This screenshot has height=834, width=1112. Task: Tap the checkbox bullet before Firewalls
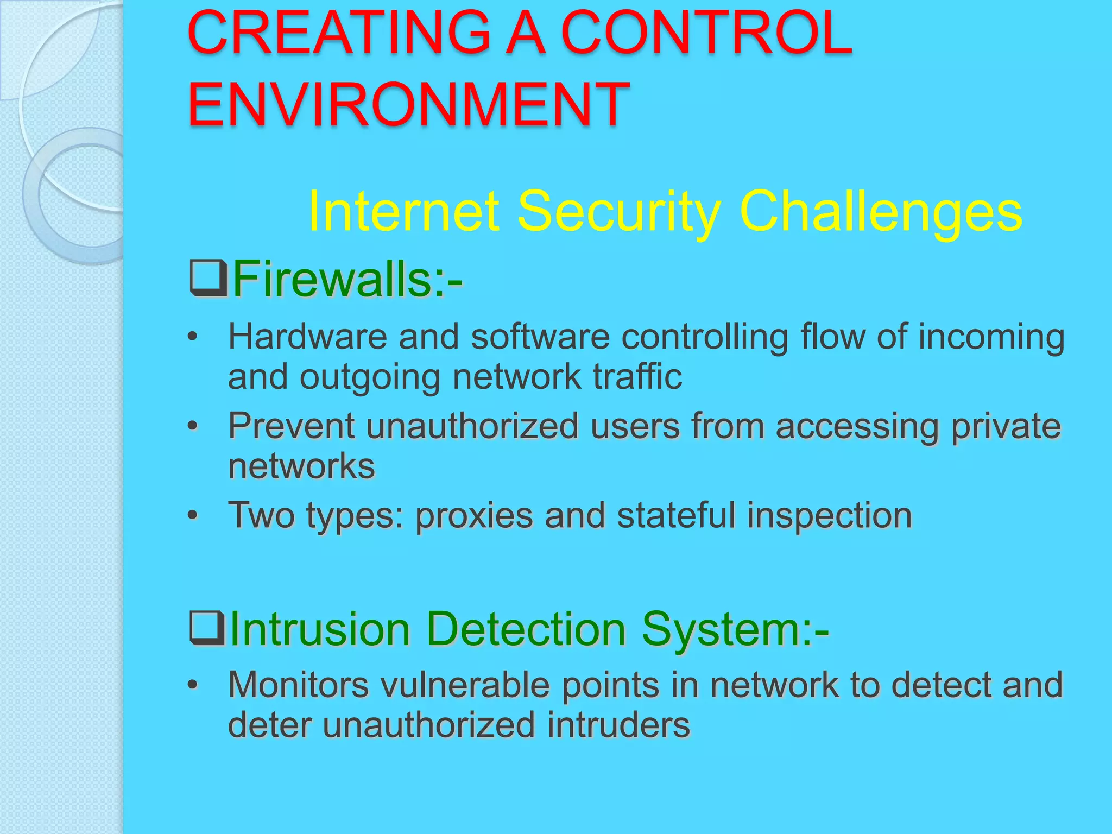208,277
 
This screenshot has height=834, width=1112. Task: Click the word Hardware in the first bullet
307,337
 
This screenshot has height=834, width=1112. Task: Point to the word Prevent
292,426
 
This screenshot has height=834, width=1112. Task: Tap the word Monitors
299,685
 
